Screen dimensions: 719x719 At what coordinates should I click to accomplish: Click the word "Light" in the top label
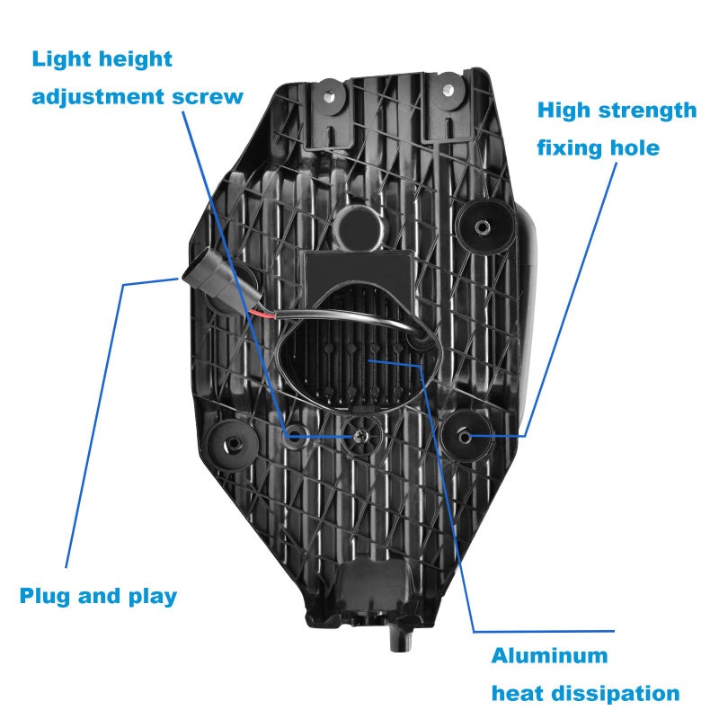pos(61,59)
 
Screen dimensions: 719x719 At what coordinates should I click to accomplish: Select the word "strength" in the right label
pos(647,111)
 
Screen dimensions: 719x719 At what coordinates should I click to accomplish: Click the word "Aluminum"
pos(549,656)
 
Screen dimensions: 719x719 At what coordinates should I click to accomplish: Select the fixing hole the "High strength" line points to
pos(464,436)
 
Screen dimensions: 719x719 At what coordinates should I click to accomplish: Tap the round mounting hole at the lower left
pos(233,444)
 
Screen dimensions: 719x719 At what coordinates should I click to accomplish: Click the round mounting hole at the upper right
pos(482,226)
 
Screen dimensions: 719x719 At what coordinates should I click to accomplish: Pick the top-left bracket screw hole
pos(329,97)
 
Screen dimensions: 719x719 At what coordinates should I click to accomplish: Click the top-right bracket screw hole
pos(448,89)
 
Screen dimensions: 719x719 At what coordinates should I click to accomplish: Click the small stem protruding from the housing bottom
pos(401,639)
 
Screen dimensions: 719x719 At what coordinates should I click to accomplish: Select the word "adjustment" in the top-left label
pos(98,98)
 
